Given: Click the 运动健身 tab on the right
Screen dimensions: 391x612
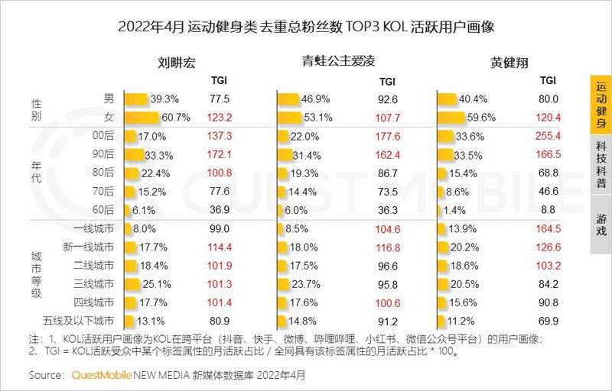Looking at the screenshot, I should pyautogui.click(x=601, y=106).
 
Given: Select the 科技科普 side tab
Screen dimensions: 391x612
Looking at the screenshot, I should pyautogui.click(x=601, y=163).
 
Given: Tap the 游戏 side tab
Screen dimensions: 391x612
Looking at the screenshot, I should pyautogui.click(x=601, y=220).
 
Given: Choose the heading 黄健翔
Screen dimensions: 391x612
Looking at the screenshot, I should pyautogui.click(x=509, y=62).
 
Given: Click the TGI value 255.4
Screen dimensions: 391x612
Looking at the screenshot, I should pyautogui.click(x=549, y=136).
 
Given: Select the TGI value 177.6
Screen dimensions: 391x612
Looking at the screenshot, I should pyautogui.click(x=388, y=136).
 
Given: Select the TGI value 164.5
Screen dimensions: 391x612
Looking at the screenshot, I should pyautogui.click(x=549, y=228).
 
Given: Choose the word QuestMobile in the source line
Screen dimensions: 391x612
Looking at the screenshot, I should pyautogui.click(x=101, y=376).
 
